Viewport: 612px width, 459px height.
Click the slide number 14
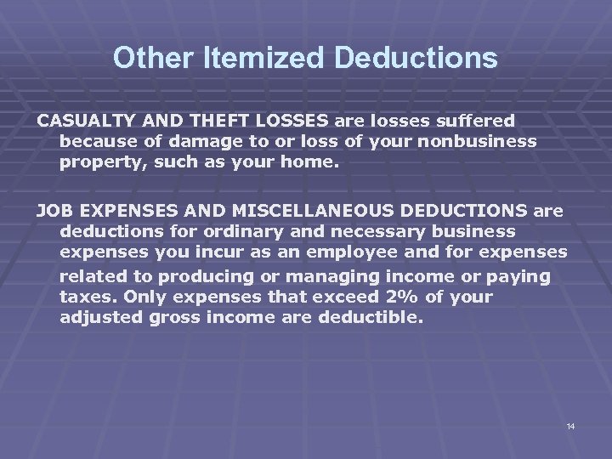pos(570,425)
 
